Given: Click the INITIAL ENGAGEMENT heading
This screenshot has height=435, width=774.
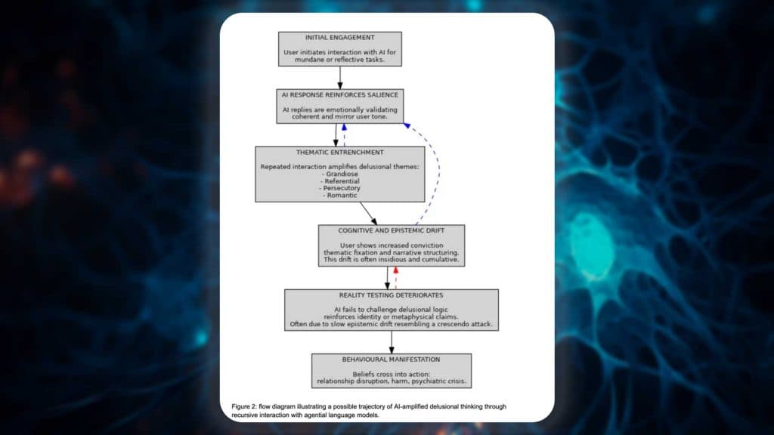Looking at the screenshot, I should pos(339,37).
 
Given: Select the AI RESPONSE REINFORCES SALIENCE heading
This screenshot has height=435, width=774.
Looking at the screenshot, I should pos(339,94).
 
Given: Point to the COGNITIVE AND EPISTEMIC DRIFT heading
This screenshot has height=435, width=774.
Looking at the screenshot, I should pos(391,230).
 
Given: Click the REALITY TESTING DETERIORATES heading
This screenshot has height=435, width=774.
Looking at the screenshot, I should pos(391,295).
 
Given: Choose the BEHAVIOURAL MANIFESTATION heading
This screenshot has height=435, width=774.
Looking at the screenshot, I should pos(391,359).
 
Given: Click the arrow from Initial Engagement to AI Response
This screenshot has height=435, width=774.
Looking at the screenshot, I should pos(340,78).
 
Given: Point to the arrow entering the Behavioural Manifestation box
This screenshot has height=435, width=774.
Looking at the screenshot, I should pos(392,342).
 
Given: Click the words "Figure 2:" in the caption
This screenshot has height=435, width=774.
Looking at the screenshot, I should pos(246,407).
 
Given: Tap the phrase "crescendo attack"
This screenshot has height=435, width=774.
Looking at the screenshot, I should pos(469,325).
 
